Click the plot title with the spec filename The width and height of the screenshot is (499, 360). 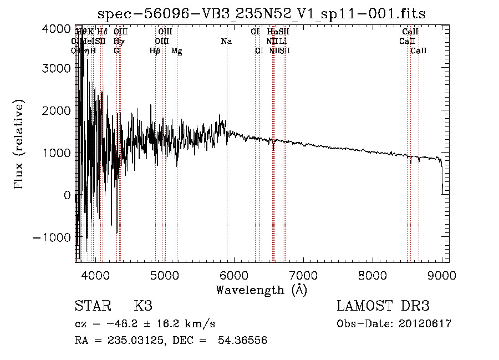coord(261,14)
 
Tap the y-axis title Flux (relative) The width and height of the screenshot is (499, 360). coord(20,144)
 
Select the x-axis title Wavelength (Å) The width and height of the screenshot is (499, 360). coord(261,290)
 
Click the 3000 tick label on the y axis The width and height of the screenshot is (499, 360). coord(57,68)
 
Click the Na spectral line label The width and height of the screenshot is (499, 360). coord(226,41)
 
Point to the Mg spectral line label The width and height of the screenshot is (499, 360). coord(177,51)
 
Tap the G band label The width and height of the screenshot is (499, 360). coord(116,51)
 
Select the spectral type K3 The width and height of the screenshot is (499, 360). coord(143,306)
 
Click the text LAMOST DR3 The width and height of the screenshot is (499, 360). coord(383,306)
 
